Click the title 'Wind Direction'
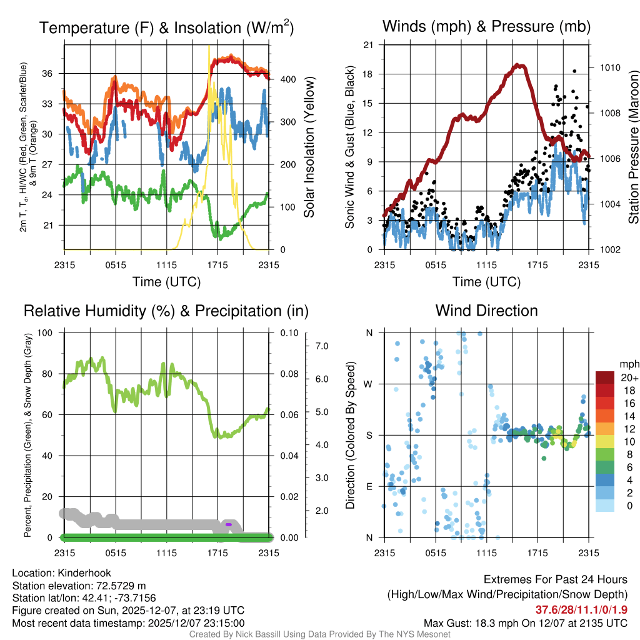(486, 311)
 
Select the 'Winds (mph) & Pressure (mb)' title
(486, 27)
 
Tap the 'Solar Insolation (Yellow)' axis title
(309, 147)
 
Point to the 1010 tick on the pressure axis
(609, 67)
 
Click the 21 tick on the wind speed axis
(369, 44)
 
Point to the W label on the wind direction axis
(369, 384)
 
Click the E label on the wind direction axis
(369, 486)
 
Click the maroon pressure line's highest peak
(518, 65)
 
